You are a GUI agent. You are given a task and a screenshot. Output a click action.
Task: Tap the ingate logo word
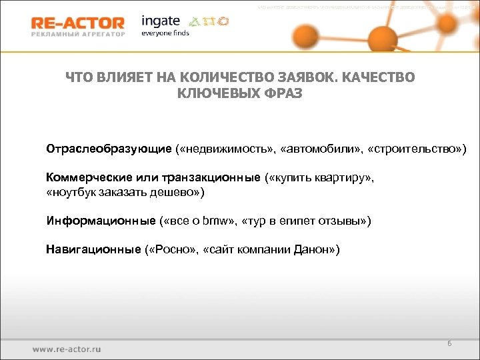point(161,20)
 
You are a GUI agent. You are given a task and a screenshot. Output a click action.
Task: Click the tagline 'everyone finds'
point(165,33)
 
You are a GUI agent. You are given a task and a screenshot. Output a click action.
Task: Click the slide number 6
point(449,343)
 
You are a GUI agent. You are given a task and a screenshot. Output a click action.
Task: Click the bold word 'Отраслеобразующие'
point(109,147)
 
